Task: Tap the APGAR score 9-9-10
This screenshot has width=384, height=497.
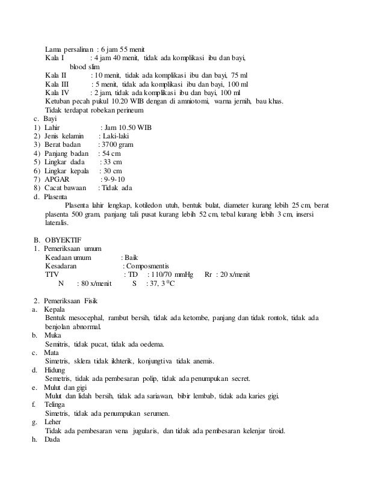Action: (112, 179)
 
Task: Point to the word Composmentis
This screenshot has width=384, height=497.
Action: (148, 266)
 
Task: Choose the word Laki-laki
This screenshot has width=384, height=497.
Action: (117, 137)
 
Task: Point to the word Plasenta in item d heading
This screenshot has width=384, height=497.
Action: (55, 197)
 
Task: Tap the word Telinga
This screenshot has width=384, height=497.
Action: (57, 405)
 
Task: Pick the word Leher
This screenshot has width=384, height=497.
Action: (55, 422)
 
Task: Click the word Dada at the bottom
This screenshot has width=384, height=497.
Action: (54, 439)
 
